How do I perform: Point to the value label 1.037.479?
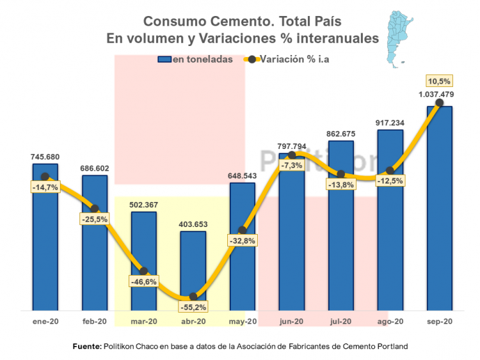coord(436,95)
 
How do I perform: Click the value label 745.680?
coord(45,156)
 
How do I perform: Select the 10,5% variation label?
coord(440,81)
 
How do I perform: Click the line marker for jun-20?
coord(292,155)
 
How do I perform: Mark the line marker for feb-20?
coord(94,208)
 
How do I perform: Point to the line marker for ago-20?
coord(390,170)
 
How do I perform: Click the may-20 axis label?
coord(242,322)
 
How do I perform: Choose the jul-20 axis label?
coord(340,322)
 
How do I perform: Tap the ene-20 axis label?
coord(45,322)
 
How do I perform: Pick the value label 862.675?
coord(341,134)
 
